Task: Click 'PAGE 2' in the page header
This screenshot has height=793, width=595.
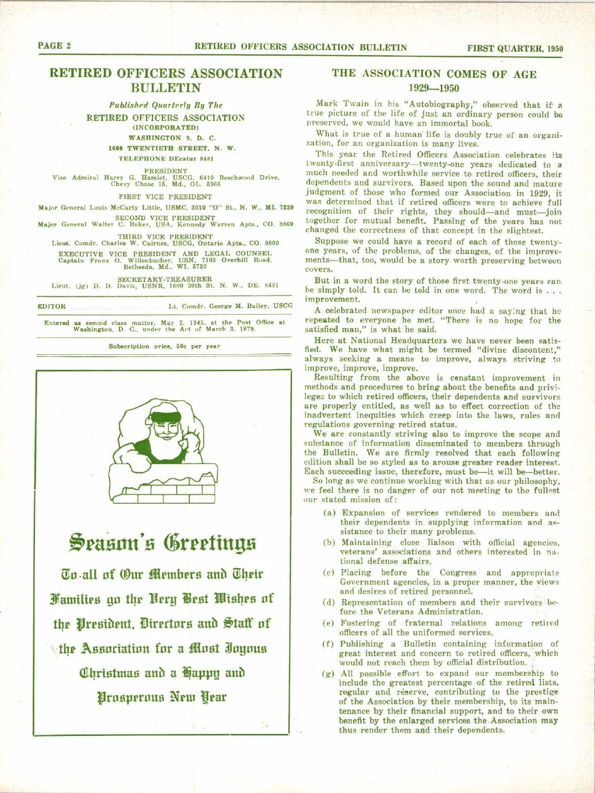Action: coord(54,46)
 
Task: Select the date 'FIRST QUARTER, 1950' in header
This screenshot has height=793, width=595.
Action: coord(515,48)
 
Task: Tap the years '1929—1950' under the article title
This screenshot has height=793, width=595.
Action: coord(434,88)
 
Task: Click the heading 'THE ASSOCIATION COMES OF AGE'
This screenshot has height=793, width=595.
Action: coord(434,74)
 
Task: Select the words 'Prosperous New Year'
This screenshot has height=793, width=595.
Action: coord(162,697)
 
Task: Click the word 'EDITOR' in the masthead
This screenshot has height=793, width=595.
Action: coord(52,306)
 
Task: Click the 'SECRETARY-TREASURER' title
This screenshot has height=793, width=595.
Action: coord(165,279)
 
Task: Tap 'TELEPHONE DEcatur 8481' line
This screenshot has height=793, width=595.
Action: coord(166,159)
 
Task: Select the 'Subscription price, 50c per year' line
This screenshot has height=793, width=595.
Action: coord(165,346)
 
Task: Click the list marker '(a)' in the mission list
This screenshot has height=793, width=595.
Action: coord(329,513)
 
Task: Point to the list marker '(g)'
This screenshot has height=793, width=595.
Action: coord(329,673)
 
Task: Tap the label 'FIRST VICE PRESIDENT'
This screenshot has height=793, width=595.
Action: coord(165,197)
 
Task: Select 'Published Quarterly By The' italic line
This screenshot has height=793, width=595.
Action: coord(166,105)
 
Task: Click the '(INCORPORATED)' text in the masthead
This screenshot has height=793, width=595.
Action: coord(166,128)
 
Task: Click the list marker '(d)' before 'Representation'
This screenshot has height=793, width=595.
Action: coord(329,602)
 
